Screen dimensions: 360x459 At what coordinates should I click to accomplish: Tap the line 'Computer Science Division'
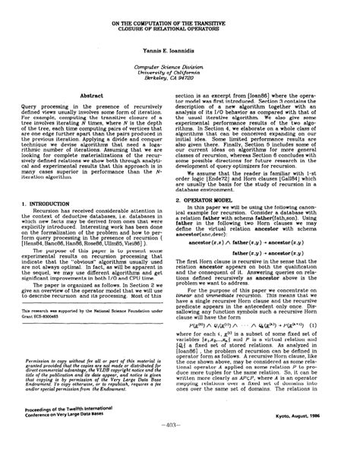coord(180,66)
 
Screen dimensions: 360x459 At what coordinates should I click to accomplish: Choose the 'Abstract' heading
coord(91,95)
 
